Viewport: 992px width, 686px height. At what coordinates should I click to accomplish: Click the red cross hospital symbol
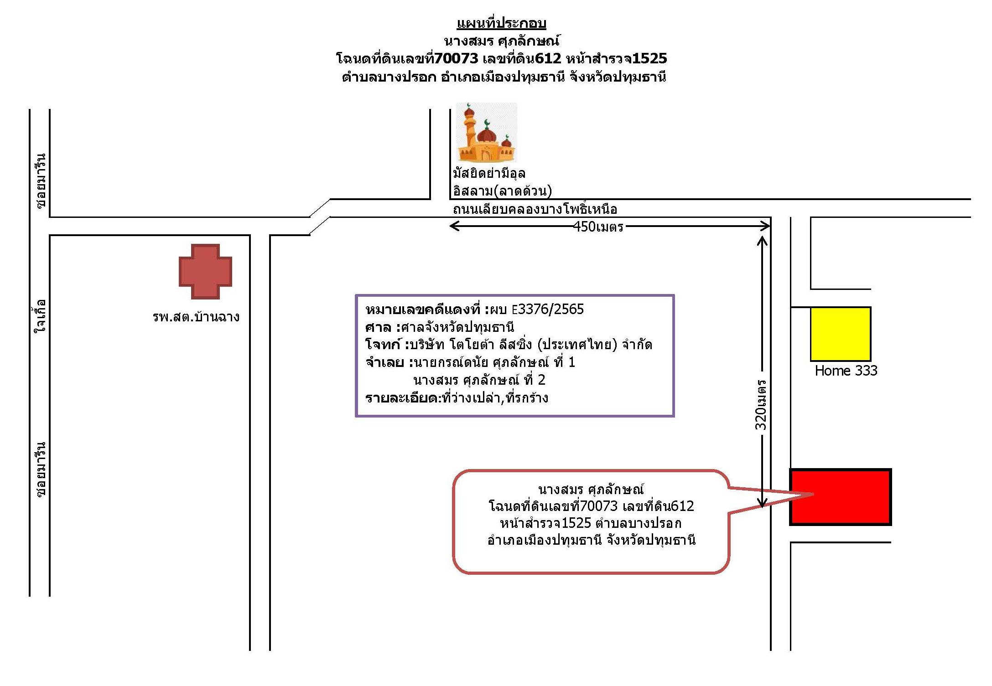point(205,271)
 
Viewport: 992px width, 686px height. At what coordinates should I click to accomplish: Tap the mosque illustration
point(487,133)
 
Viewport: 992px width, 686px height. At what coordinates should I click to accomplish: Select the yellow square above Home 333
point(841,334)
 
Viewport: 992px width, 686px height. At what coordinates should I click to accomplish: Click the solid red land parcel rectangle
point(841,497)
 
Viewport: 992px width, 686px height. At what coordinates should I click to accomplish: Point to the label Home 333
point(846,371)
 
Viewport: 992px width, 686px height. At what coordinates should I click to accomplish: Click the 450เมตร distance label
point(598,227)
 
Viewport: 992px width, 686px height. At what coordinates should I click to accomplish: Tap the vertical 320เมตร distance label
point(761,405)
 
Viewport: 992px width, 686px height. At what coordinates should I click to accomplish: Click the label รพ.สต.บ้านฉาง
point(196,316)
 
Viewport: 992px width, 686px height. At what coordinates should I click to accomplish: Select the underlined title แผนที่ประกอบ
point(501,23)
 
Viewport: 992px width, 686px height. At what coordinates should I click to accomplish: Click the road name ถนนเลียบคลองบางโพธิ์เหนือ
point(535,209)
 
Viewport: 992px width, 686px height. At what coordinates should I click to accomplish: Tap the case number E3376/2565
point(548,309)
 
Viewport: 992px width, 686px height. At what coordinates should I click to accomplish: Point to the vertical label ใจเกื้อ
point(41,315)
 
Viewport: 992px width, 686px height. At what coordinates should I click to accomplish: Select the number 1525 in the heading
point(649,58)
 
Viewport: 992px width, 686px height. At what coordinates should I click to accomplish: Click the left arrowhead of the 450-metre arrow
point(452,226)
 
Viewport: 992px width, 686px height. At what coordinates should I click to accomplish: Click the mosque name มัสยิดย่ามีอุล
point(489,173)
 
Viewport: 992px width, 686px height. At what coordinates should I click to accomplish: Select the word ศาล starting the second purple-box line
point(378,327)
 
